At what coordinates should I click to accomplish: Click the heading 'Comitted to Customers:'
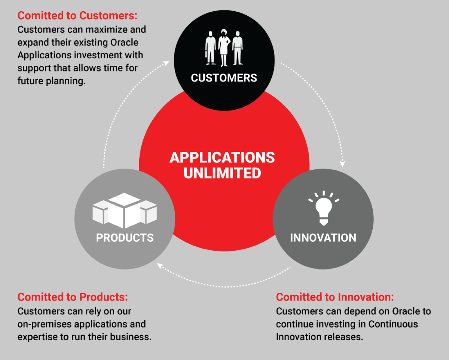(x=77, y=16)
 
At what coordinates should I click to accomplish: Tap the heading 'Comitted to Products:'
(x=73, y=297)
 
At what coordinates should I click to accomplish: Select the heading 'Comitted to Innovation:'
(x=335, y=297)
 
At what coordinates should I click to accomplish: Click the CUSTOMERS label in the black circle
(x=224, y=78)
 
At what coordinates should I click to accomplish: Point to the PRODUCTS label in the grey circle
(x=125, y=238)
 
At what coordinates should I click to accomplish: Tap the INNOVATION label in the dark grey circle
(x=323, y=238)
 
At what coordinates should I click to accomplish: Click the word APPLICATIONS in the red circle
(x=222, y=157)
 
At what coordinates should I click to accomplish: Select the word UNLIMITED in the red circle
(x=222, y=173)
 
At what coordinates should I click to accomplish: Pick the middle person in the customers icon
(x=224, y=48)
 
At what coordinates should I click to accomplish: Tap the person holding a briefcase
(x=210, y=48)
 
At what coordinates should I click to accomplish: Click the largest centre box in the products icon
(x=124, y=210)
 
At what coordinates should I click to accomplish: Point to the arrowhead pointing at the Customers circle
(x=167, y=63)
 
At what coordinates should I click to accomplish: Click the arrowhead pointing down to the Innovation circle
(x=342, y=164)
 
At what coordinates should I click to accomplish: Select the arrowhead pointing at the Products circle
(x=160, y=266)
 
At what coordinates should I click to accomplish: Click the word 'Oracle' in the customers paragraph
(x=124, y=43)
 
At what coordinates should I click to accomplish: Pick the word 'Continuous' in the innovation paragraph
(x=393, y=324)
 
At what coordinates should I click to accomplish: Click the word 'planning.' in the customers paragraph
(x=66, y=81)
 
